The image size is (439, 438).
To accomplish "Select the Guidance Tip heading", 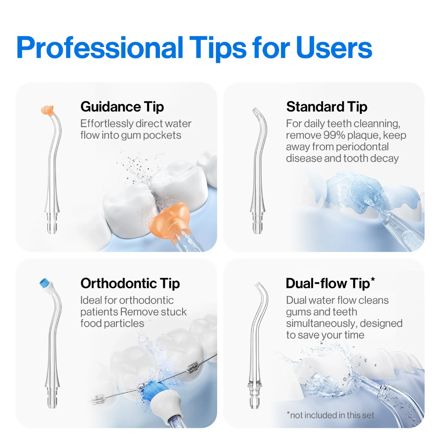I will click(x=122, y=107).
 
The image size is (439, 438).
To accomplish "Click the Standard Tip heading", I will click(x=327, y=107).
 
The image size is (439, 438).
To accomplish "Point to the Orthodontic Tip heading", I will click(x=130, y=283).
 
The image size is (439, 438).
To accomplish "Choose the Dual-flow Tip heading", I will click(x=327, y=283).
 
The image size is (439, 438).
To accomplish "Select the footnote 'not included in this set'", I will click(x=332, y=415).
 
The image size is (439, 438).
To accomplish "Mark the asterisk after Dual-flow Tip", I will click(x=373, y=279).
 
